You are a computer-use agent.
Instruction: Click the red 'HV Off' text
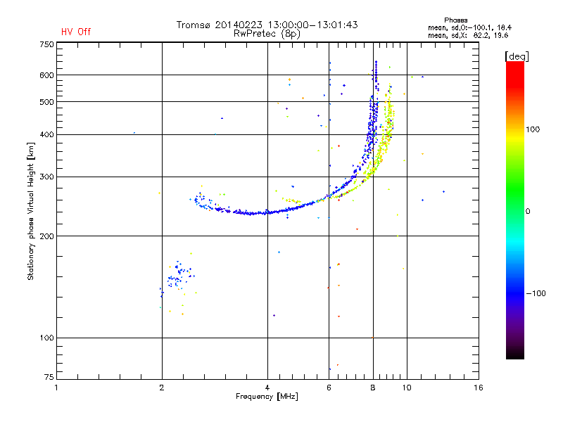coord(75,32)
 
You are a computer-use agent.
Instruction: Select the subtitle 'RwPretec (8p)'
coord(267,33)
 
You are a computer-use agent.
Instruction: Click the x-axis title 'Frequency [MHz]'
coord(266,397)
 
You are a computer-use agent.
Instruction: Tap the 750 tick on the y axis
coord(46,44)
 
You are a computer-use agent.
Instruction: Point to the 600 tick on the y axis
coord(46,75)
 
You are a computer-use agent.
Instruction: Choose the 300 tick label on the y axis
coord(46,177)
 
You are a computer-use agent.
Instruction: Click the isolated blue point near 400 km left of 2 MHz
coord(134,132)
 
